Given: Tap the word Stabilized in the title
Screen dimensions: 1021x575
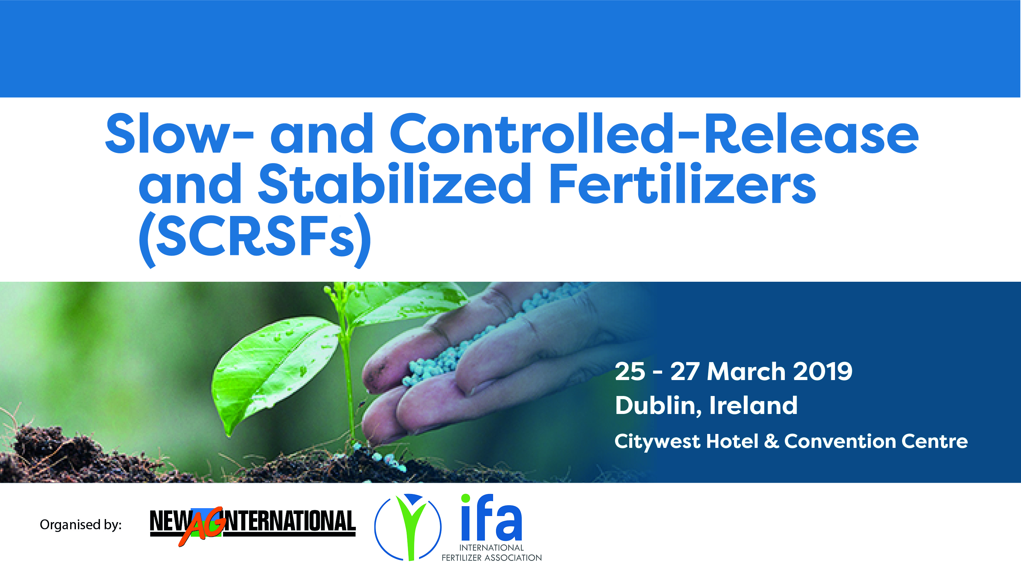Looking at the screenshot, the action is (394, 183).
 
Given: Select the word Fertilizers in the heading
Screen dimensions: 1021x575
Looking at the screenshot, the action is (683, 183).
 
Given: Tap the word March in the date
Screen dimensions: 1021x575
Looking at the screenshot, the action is (746, 372).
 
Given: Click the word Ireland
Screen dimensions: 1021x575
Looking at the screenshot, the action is (753, 405).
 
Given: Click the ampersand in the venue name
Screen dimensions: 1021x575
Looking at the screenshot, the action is (771, 441).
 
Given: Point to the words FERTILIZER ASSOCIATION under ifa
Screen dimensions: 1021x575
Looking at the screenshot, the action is (491, 558).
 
